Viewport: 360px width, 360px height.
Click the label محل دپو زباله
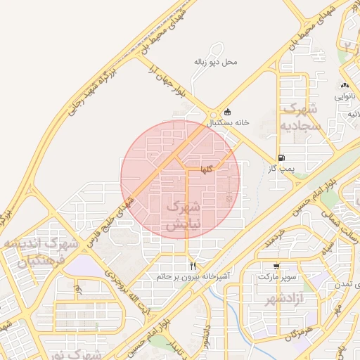216,62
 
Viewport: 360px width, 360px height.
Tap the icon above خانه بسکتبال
226,112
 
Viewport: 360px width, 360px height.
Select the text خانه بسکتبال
227,122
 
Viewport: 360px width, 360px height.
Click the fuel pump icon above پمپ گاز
281,158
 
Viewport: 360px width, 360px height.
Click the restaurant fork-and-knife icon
193,266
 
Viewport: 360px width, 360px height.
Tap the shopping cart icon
277,266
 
